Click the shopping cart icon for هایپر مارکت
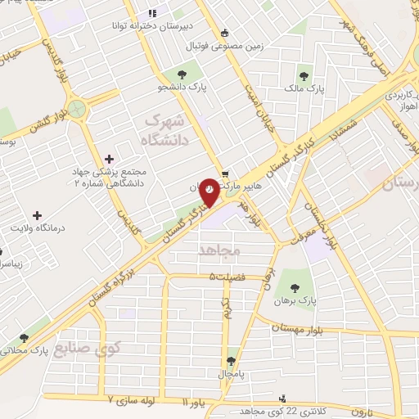pos(225,173)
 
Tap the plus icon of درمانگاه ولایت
pos(36,214)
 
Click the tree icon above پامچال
pos(232,358)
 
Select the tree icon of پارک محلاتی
pos(23,336)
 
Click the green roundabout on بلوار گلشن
pos(77,109)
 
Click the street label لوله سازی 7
pos(134,401)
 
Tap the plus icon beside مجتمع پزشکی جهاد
pos(110,159)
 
